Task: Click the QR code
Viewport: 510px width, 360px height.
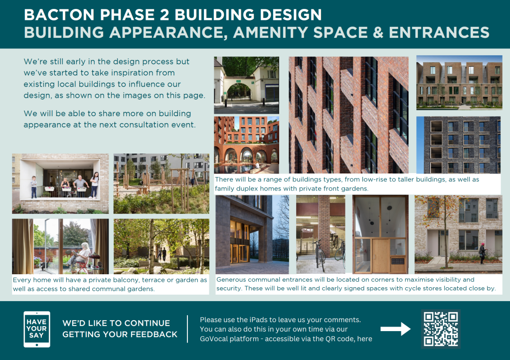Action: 441,329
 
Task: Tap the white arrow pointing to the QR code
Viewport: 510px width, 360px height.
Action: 395,329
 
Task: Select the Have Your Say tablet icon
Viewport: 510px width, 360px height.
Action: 37,329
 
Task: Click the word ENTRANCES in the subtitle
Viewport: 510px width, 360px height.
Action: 439,32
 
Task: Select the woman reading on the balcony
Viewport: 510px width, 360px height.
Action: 79,257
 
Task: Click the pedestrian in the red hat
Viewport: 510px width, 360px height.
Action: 482,253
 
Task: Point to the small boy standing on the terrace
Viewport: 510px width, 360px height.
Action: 34,187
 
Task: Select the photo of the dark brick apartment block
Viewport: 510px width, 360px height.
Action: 459,145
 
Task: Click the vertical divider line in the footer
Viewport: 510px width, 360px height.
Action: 187,329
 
